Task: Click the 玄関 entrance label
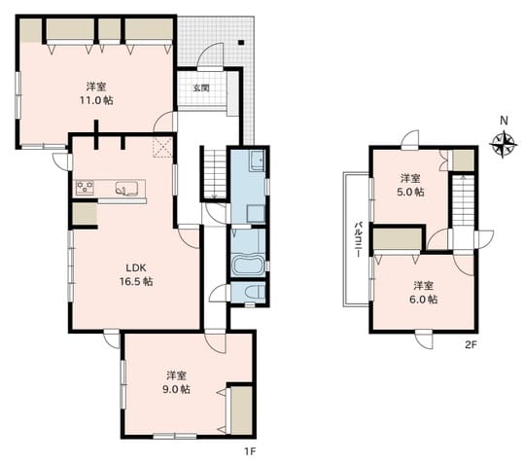click(201, 88)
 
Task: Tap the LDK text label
click(136, 267)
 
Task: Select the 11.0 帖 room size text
click(96, 100)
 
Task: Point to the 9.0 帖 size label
click(177, 389)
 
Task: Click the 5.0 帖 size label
click(410, 192)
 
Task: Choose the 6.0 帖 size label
click(424, 299)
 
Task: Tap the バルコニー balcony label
click(358, 239)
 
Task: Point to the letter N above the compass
click(504, 121)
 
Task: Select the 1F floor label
click(250, 452)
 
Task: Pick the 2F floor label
click(471, 344)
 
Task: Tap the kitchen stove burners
click(85, 187)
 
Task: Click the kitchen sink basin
click(126, 188)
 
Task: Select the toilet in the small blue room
click(255, 292)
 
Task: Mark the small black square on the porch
click(241, 43)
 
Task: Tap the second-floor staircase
click(464, 200)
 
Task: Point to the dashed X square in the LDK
click(162, 147)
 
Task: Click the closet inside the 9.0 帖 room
click(241, 410)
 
